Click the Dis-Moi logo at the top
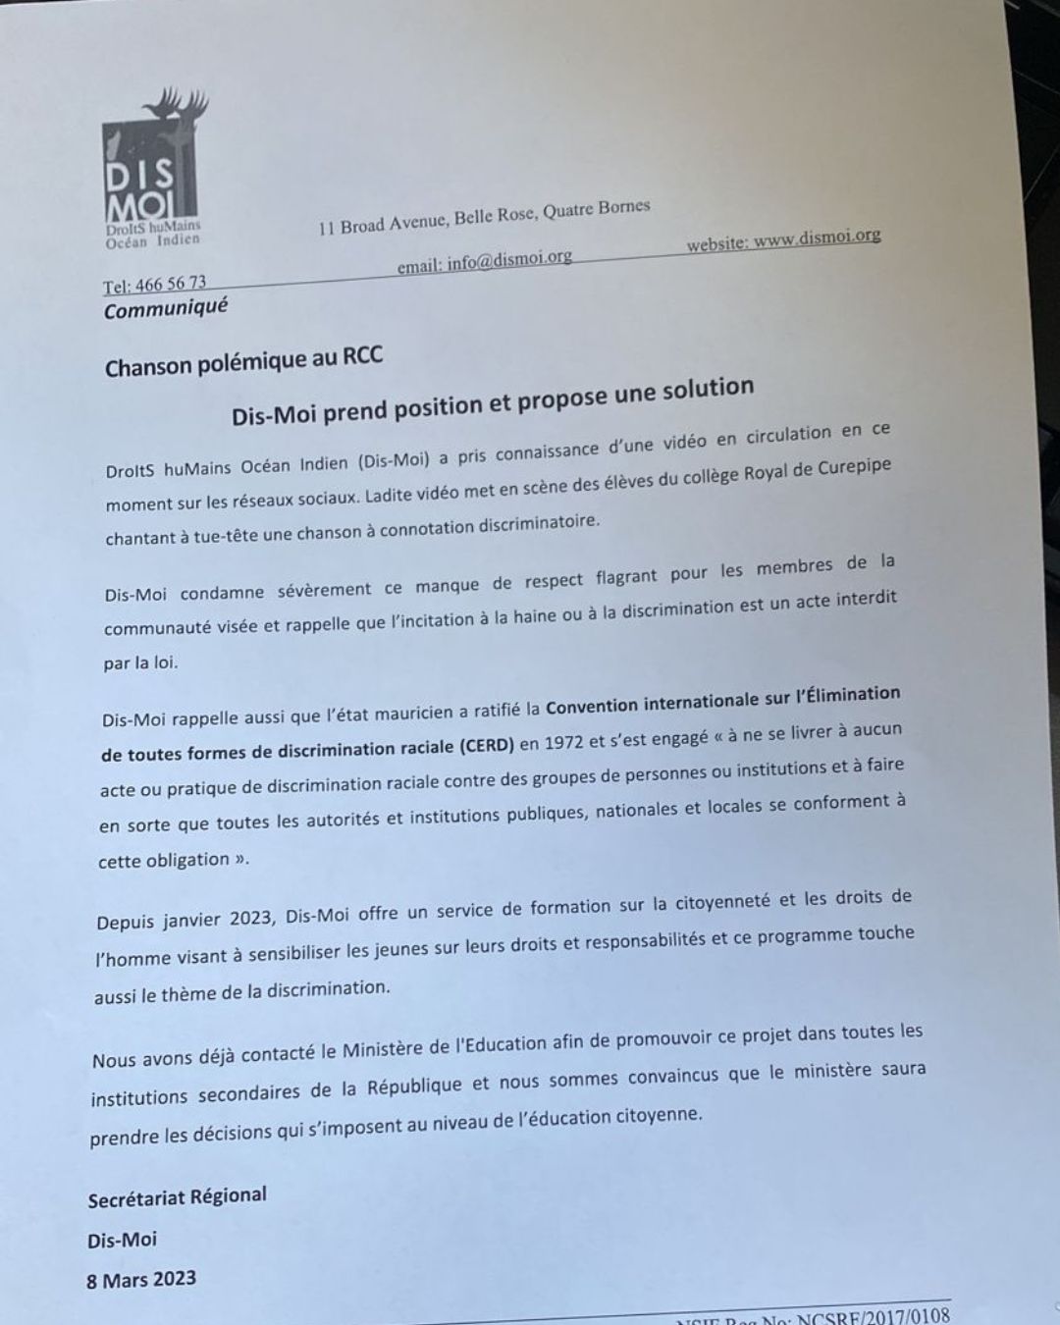[x=153, y=172]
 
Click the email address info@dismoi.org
[x=509, y=260]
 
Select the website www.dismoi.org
[x=817, y=238]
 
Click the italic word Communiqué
[x=166, y=309]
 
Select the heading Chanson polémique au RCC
[x=243, y=362]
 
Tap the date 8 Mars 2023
[x=141, y=1280]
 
